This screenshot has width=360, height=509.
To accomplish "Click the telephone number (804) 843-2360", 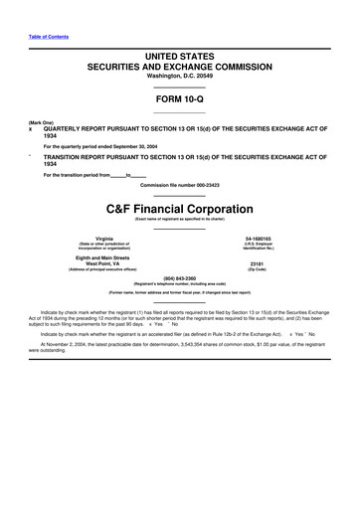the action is click(x=180, y=279).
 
